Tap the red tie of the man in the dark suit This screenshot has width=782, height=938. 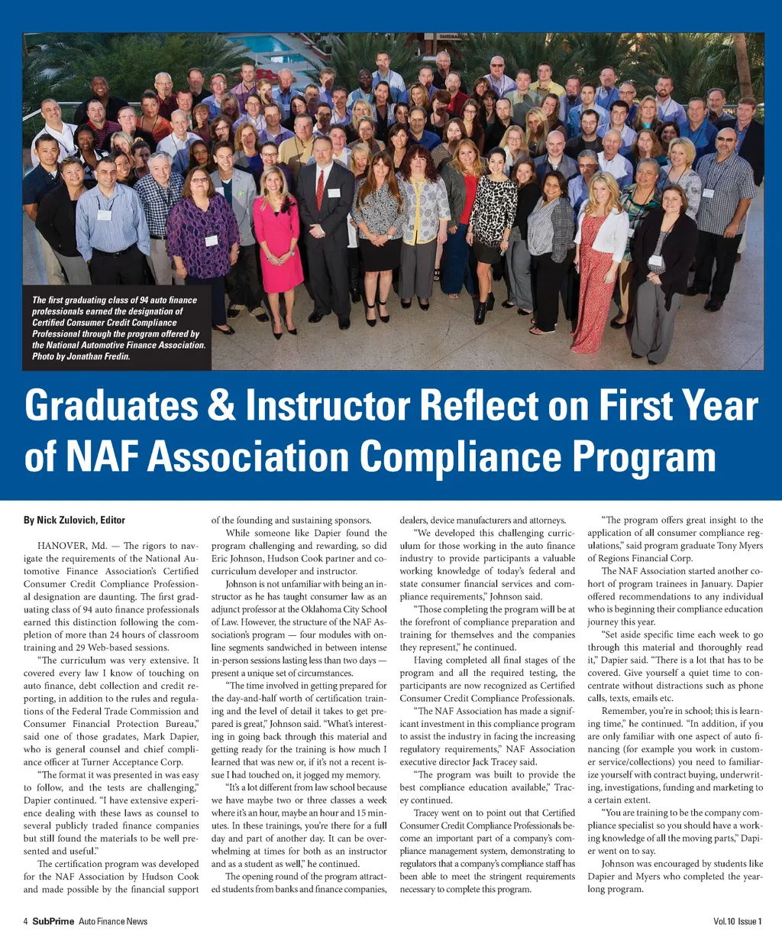[320, 189]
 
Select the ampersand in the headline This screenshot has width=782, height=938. [221, 407]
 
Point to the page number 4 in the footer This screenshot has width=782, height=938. [25, 921]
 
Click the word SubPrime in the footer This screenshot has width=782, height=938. [53, 921]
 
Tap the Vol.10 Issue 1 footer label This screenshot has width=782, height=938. [737, 921]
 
